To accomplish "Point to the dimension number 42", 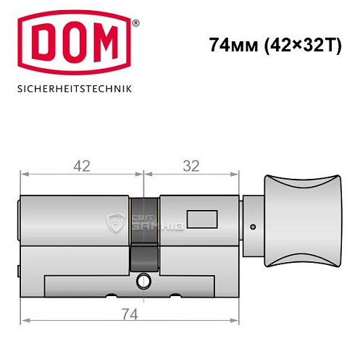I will tap(82, 166).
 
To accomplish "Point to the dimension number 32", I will tap(191, 166).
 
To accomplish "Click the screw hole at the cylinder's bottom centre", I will tap(143, 281).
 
